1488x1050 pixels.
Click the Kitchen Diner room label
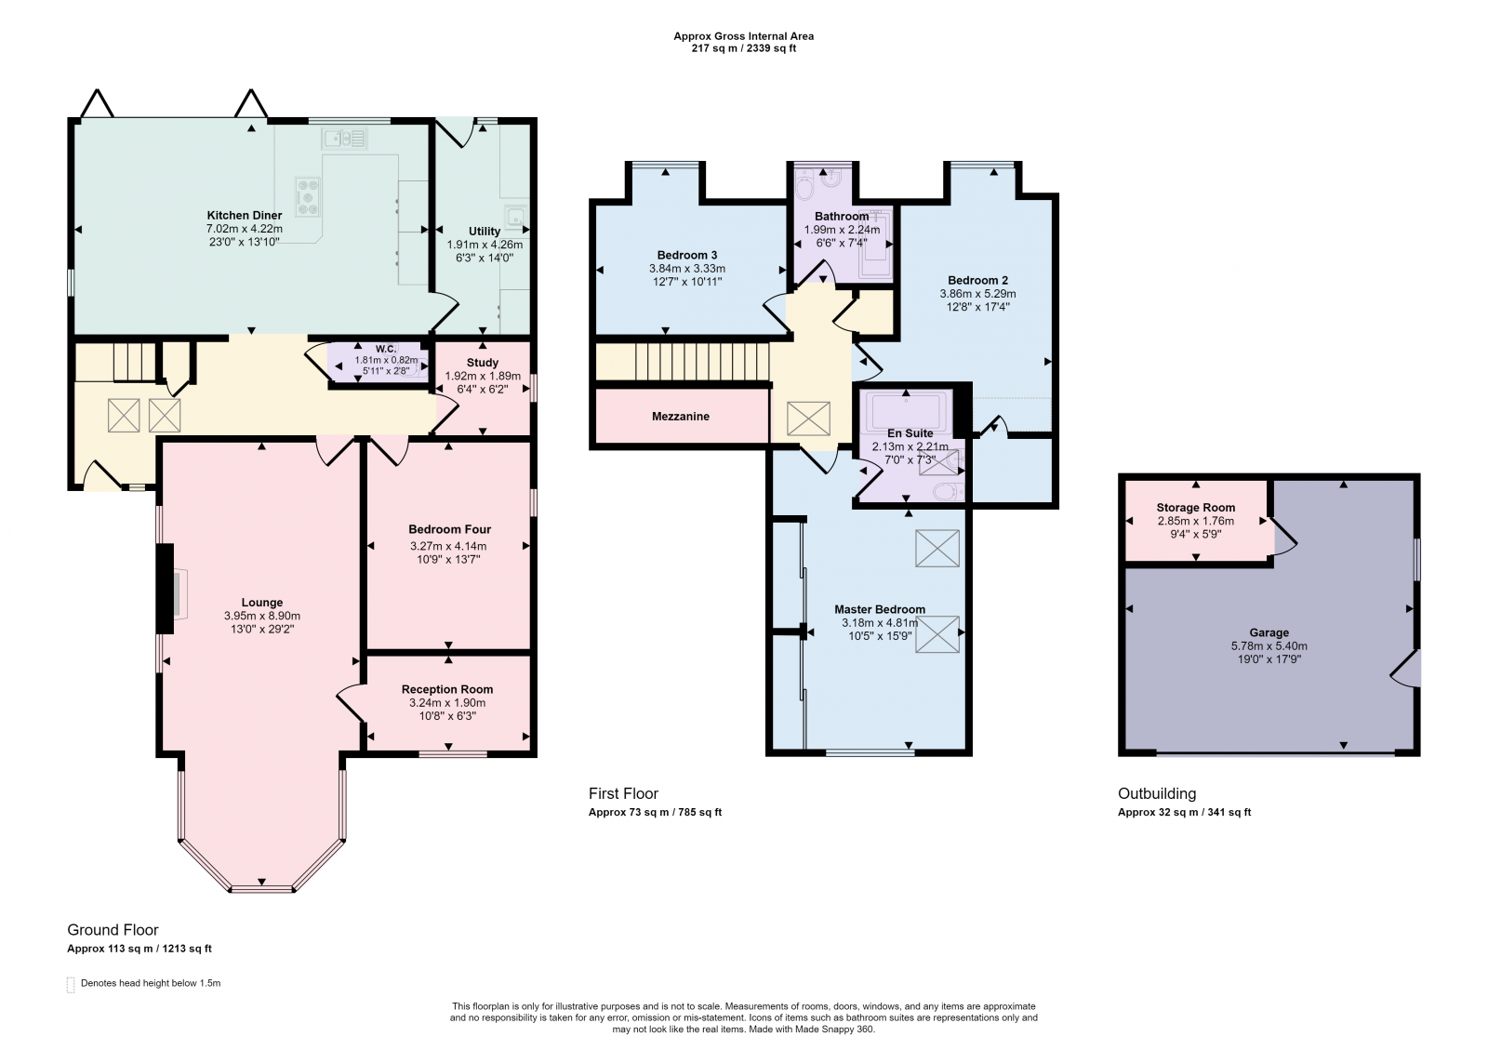pyautogui.click(x=245, y=215)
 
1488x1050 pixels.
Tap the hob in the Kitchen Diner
pyautogui.click(x=308, y=196)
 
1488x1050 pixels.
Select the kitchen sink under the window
pyautogui.click(x=345, y=139)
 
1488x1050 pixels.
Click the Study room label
pyautogui.click(x=483, y=363)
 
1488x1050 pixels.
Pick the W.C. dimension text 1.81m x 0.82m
pyautogui.click(x=386, y=361)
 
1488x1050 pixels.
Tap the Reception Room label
pyautogui.click(x=447, y=689)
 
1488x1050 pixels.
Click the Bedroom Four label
pyautogui.click(x=450, y=529)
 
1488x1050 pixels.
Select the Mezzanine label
pyautogui.click(x=680, y=417)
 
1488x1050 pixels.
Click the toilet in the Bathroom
pyautogui.click(x=804, y=185)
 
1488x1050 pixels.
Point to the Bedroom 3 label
pyautogui.click(x=687, y=255)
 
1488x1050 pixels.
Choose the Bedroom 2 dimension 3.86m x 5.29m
pyautogui.click(x=977, y=294)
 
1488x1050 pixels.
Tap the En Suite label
pyautogui.click(x=910, y=433)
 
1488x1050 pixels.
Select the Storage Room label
pyautogui.click(x=1196, y=508)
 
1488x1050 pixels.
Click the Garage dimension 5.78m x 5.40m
pyautogui.click(x=1269, y=645)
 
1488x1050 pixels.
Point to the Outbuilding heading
pyautogui.click(x=1157, y=793)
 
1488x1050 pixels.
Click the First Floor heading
pyautogui.click(x=623, y=793)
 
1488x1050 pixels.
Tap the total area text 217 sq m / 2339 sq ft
pyautogui.click(x=743, y=48)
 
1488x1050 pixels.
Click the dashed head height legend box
pyautogui.click(x=71, y=984)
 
